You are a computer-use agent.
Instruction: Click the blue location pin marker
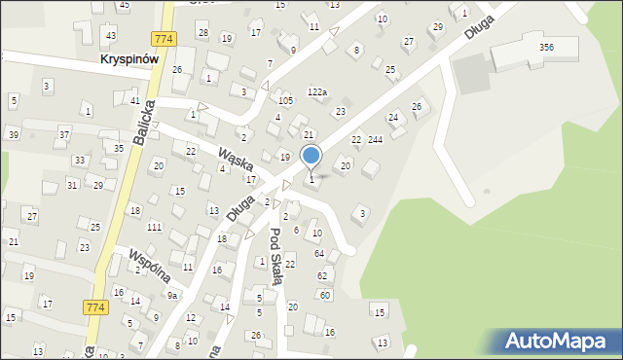[311, 156]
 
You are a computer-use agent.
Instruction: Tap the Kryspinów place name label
[130, 58]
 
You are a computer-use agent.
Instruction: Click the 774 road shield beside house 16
[94, 306]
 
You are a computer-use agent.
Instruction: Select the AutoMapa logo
[559, 341]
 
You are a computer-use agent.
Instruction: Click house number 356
[547, 47]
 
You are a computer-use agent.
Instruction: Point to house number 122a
[317, 92]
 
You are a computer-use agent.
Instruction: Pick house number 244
[376, 140]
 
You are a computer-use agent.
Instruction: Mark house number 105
[285, 101]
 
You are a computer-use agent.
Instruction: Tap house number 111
[154, 227]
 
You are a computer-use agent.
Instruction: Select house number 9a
[172, 295]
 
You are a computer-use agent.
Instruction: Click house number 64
[318, 254]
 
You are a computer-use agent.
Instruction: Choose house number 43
[111, 35]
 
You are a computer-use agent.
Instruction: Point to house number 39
[14, 134]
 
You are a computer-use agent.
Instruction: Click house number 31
[72, 185]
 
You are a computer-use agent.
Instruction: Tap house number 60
[325, 295]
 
